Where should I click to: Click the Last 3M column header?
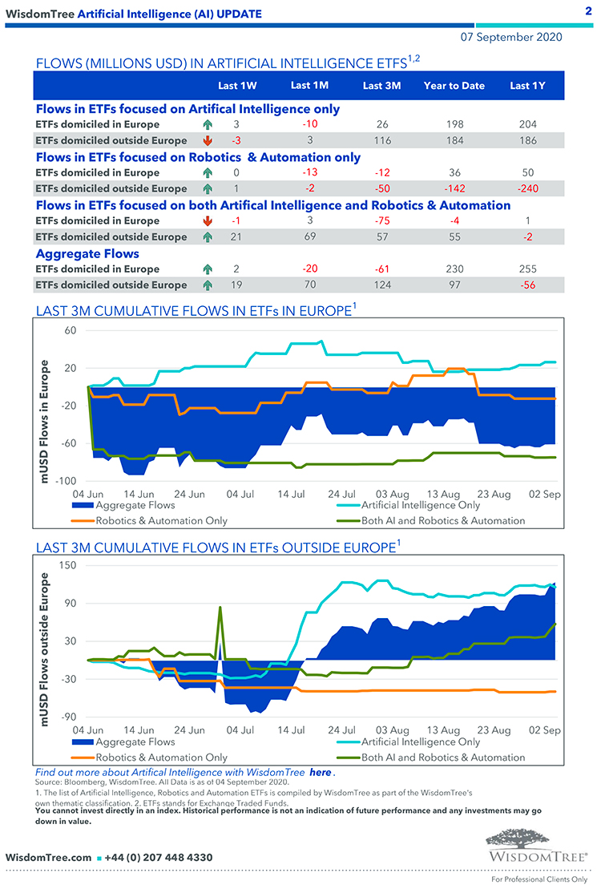[x=381, y=86]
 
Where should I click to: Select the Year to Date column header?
[x=454, y=86]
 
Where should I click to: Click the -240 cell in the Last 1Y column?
[x=527, y=188]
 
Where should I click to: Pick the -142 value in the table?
[x=454, y=188]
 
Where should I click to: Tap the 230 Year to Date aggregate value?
[x=454, y=269]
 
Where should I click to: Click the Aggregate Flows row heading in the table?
[x=87, y=253]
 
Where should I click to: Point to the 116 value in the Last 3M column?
[x=381, y=140]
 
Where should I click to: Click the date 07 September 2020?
[x=511, y=37]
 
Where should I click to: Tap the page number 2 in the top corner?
[x=587, y=11]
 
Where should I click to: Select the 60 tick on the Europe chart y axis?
[x=69, y=330]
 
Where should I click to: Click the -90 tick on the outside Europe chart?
[x=67, y=717]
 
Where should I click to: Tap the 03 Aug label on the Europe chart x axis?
[x=393, y=495]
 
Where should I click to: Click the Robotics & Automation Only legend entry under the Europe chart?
[x=161, y=520]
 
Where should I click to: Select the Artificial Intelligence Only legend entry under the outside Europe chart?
[x=421, y=742]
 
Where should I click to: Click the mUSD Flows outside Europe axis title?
[x=47, y=645]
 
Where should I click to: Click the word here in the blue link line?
[x=320, y=771]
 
